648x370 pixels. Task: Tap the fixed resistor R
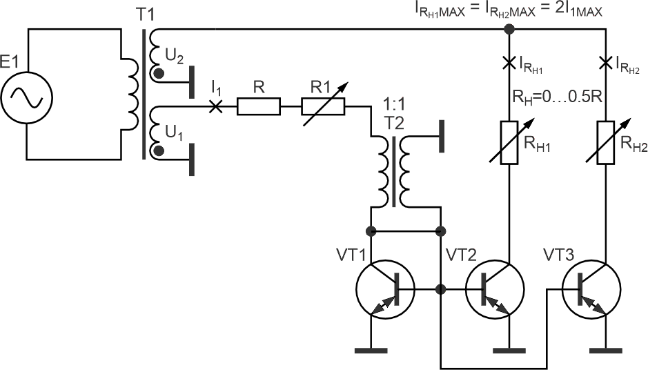pyautogui.click(x=259, y=106)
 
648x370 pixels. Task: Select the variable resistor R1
pyautogui.click(x=323, y=106)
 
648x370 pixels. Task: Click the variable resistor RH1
pyautogui.click(x=509, y=143)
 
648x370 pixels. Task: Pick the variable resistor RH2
pyautogui.click(x=606, y=143)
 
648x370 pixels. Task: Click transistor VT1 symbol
pyautogui.click(x=384, y=289)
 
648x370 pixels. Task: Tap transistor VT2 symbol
pyautogui.click(x=495, y=289)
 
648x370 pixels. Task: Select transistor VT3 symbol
pyautogui.click(x=591, y=289)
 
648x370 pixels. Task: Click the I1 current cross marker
pyautogui.click(x=215, y=106)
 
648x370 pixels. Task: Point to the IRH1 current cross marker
pyautogui.click(x=509, y=64)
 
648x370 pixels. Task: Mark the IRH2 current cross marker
pyautogui.click(x=606, y=64)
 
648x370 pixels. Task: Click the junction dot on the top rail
pyautogui.click(x=509, y=30)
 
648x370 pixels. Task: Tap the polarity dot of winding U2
pyautogui.click(x=158, y=74)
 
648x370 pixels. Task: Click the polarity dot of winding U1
pyautogui.click(x=158, y=150)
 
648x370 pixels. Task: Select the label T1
pyautogui.click(x=145, y=15)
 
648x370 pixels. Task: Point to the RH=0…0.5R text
pyautogui.click(x=557, y=97)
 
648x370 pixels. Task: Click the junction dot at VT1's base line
pyautogui.click(x=441, y=289)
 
